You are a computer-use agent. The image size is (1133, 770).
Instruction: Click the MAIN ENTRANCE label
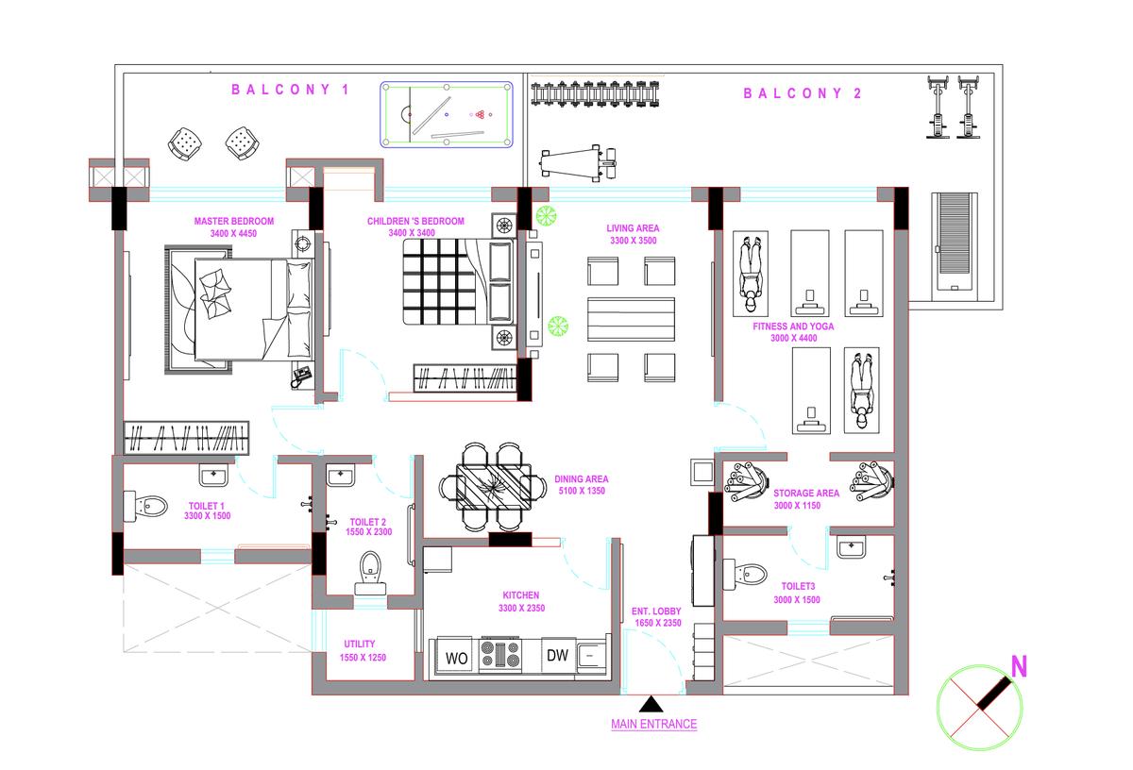pos(653,724)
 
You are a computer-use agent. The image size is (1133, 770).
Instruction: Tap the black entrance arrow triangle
pos(651,704)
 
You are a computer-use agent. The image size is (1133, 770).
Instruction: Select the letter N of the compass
pos(1019,666)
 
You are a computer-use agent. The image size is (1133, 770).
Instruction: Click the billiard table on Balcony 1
pos(447,115)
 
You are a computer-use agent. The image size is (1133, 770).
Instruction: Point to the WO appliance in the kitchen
pos(456,658)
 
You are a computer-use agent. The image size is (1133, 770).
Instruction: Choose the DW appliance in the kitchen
pos(557,655)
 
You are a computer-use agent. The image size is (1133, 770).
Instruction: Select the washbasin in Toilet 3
pos(852,547)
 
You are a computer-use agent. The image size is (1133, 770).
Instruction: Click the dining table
pos(493,487)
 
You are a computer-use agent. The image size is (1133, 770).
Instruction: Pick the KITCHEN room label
pos(520,595)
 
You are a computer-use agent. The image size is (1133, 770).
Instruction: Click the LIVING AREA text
pos(633,228)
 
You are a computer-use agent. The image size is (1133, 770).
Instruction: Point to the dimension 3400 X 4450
pos(233,233)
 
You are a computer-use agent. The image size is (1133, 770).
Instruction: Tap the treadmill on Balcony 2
pos(955,243)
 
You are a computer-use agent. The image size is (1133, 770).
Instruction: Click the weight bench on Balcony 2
pos(579,163)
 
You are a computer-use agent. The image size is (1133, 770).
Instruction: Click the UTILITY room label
pos(360,644)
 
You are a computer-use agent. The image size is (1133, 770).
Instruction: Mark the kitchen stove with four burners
pos(499,654)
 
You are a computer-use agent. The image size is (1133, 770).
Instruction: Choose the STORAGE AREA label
pos(805,493)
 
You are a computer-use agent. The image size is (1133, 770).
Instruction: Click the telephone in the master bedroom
pos(301,377)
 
